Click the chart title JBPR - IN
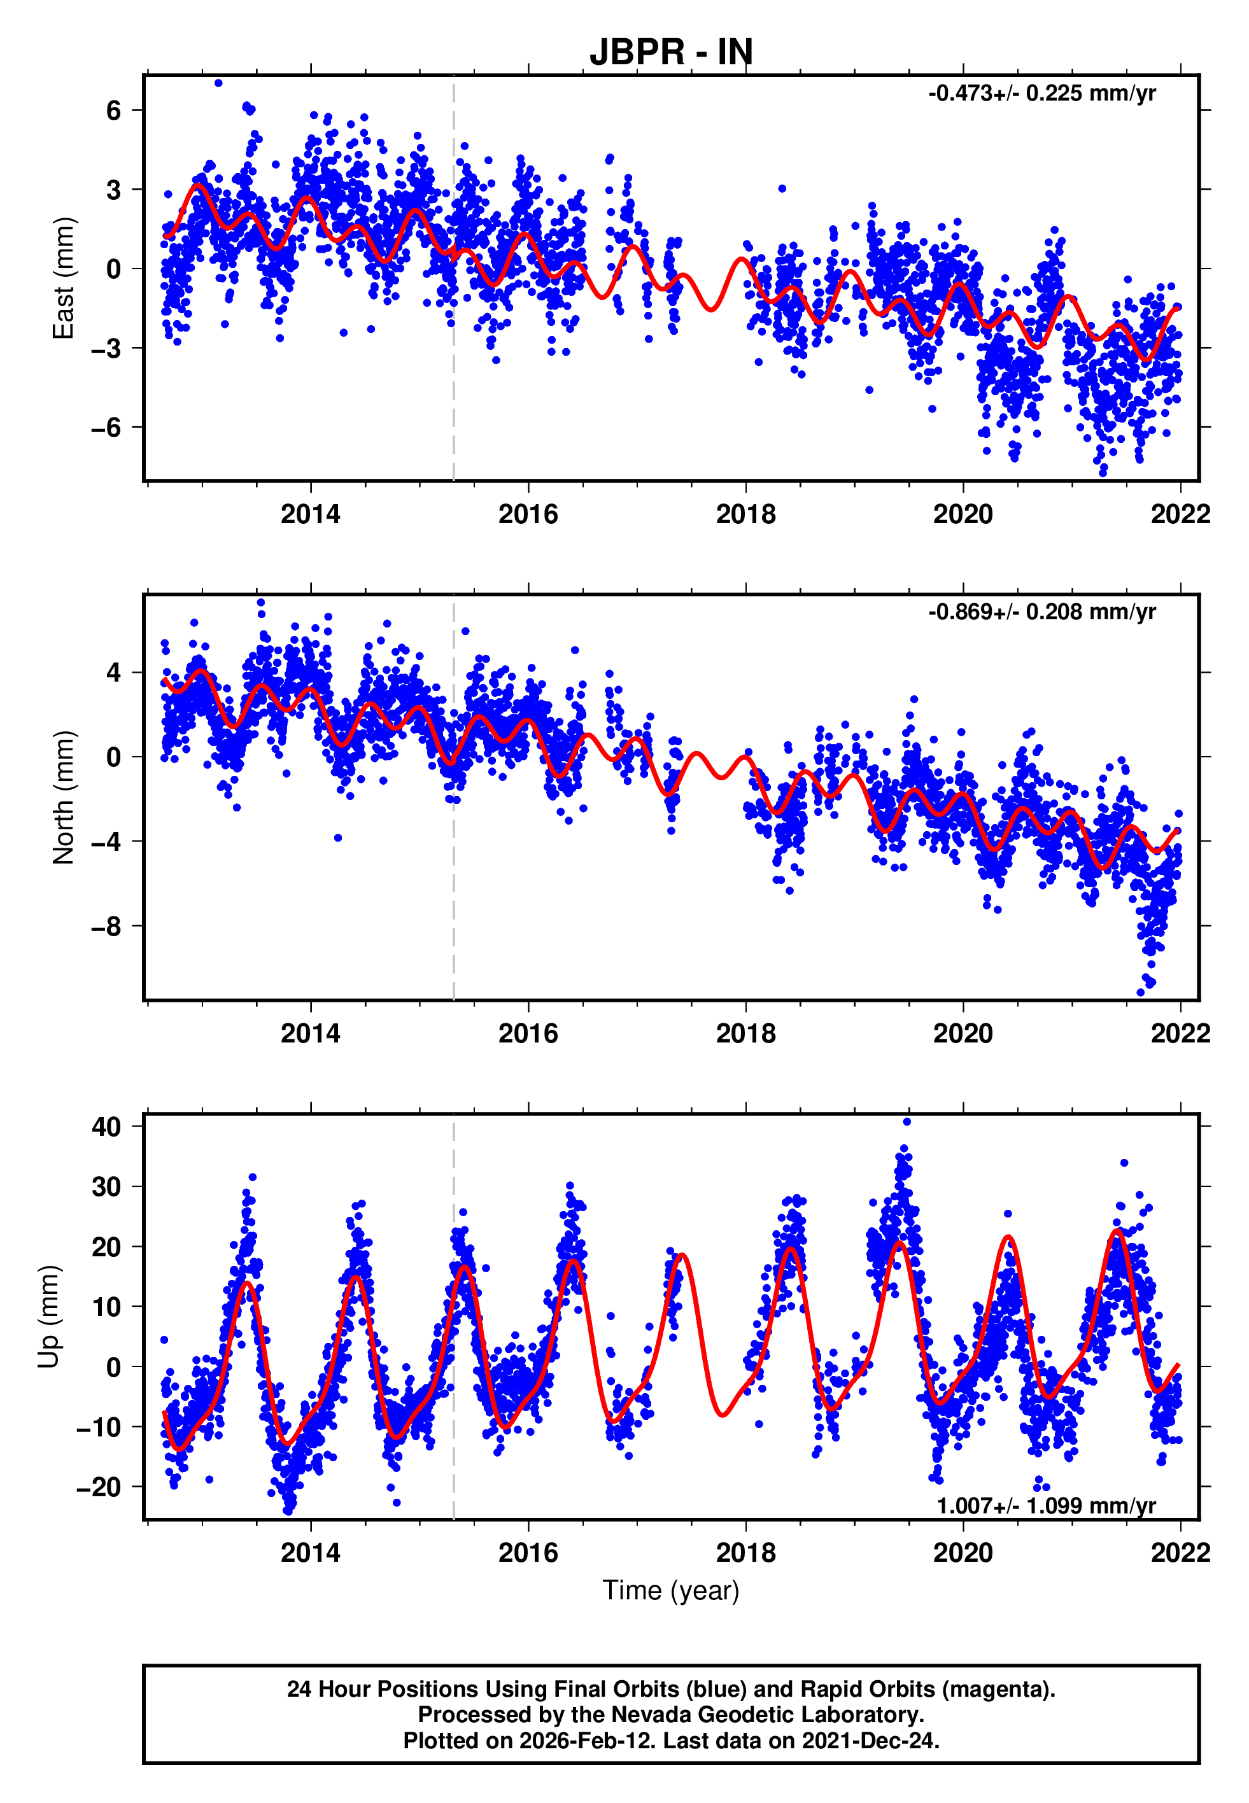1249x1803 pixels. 671,52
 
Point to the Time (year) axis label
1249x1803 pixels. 671,1590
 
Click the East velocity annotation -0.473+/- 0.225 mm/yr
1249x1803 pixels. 1041,94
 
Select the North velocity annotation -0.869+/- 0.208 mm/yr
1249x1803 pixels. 1041,612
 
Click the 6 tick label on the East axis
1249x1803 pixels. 114,110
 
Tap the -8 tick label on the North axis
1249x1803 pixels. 106,926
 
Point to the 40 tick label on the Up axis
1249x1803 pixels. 106,1126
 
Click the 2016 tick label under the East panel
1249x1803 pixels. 528,515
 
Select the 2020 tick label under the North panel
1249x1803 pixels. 963,1034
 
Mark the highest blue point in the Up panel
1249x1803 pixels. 907,1121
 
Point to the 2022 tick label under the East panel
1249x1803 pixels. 1180,515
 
